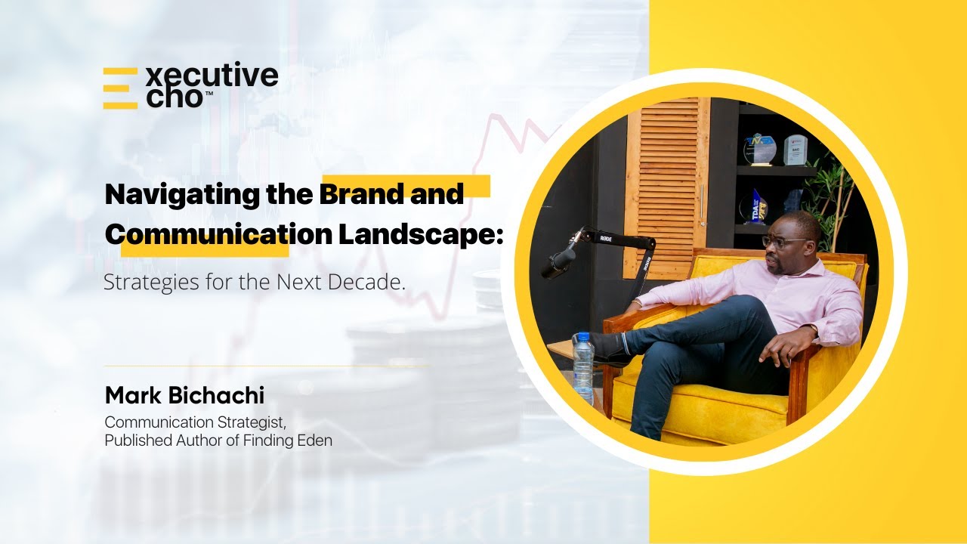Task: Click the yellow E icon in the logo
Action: tap(120, 88)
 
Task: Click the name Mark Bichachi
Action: tap(184, 395)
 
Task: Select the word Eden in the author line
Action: tap(316, 440)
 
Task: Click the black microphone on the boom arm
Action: tap(560, 261)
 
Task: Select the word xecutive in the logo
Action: tap(212, 76)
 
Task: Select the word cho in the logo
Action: tap(173, 99)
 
